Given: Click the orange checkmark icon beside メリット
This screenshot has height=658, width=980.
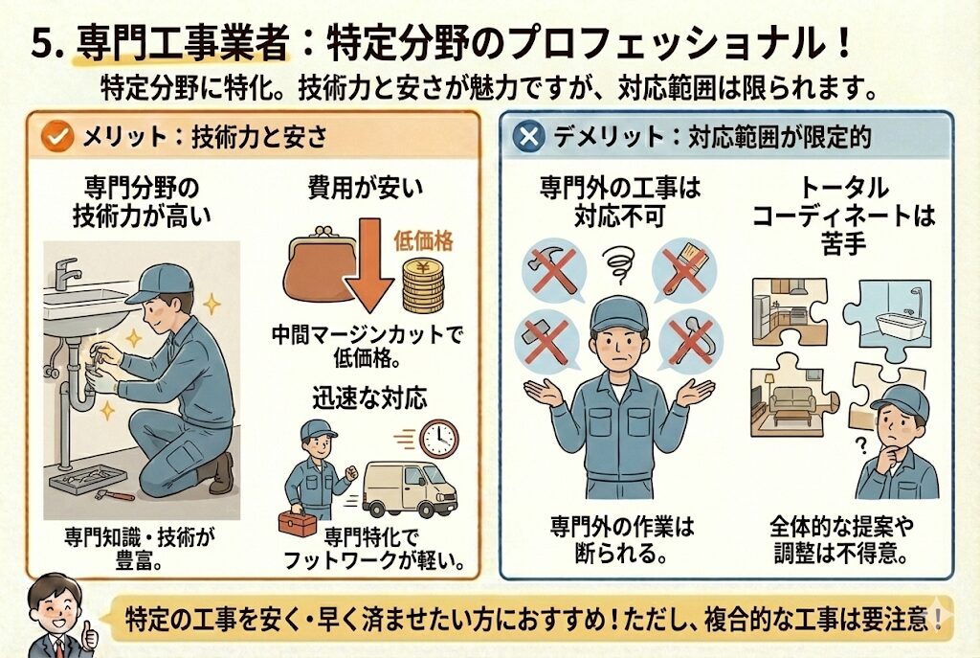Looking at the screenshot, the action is coord(57,136).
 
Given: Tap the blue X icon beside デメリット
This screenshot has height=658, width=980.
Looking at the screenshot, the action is coord(528,136).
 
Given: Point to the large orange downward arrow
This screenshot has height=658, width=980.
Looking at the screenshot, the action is coord(370,265).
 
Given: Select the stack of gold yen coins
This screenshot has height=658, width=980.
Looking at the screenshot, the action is coord(423,285).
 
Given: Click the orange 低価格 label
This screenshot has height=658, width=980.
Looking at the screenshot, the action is coord(423,240).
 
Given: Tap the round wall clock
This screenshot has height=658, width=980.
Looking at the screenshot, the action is coord(438,438).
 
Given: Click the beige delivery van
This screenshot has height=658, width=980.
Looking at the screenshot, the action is coord(410,489).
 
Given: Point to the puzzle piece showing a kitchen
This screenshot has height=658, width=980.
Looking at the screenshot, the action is coord(790,311).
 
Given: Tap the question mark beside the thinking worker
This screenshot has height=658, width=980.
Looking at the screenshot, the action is coord(861,444).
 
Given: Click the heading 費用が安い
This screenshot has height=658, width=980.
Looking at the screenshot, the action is coord(366,188).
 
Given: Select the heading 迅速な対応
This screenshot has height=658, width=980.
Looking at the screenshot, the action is coord(370,398).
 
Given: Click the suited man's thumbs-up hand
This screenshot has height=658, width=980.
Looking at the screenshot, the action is coord(89,632).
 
